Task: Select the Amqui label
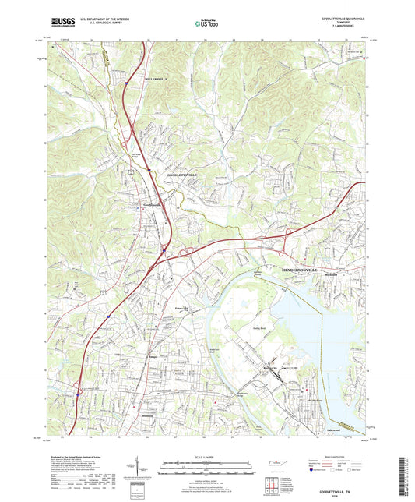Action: click(153, 359)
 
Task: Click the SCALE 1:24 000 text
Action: click(207, 455)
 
